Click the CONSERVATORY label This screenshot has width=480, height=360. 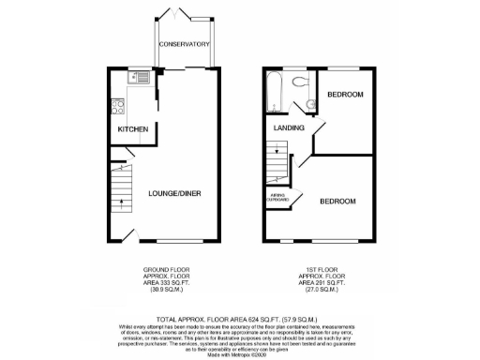click(184, 44)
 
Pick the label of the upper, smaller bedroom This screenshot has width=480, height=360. click(344, 96)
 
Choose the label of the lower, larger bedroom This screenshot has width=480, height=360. click(337, 202)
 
